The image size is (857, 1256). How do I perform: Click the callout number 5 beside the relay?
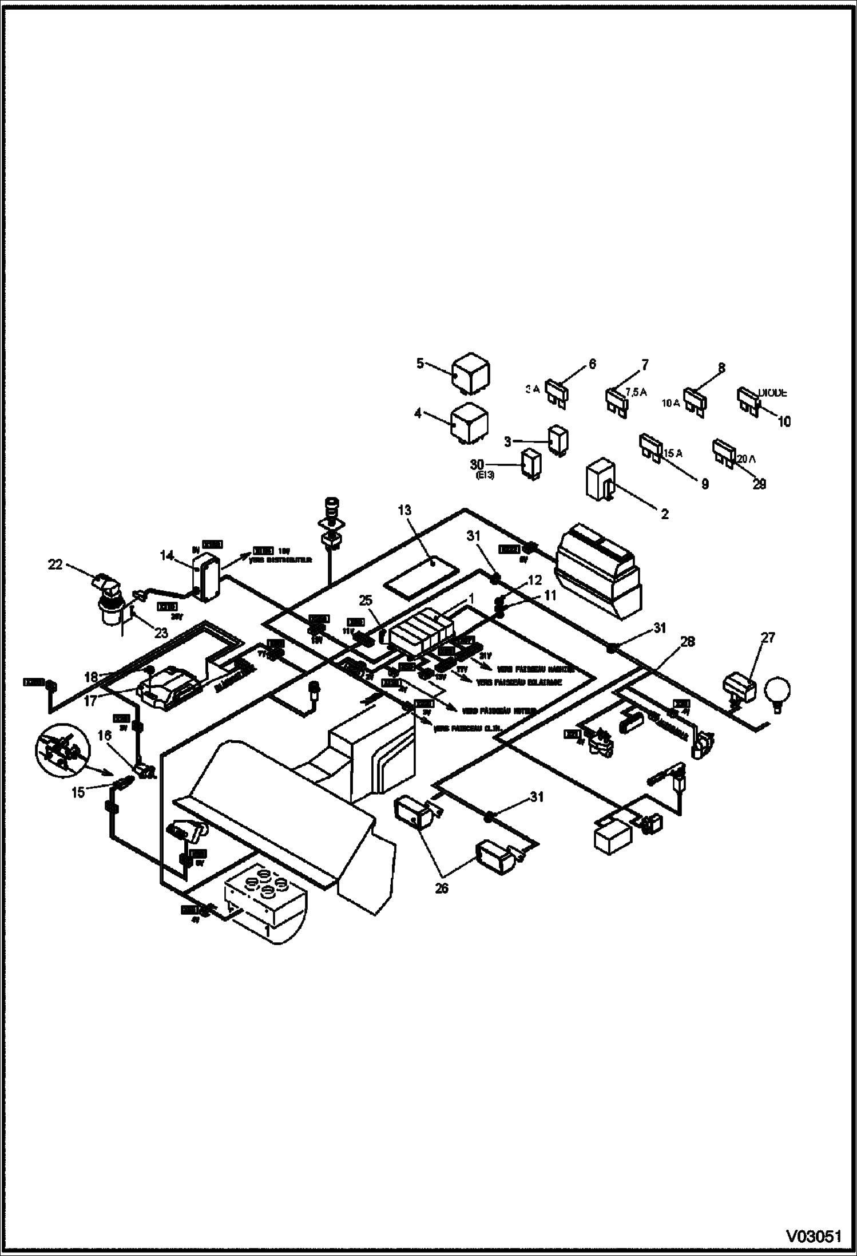420,363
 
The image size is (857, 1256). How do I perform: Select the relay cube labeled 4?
470,424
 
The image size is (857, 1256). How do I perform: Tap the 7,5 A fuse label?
636,392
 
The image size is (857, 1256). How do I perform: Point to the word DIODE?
772,393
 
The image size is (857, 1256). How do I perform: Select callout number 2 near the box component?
664,514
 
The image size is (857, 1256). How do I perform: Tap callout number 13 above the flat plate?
404,510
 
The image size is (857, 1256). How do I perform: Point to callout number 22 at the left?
55,564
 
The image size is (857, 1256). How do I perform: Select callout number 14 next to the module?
167,555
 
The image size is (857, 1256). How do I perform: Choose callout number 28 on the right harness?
688,642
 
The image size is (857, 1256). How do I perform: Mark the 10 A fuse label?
670,402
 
